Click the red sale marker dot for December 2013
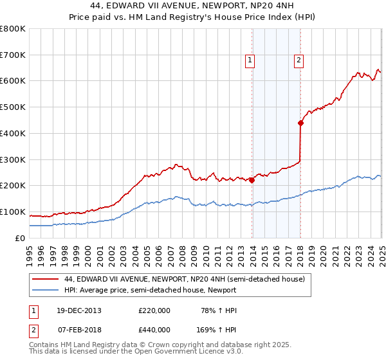(252, 181)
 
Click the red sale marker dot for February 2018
(300, 123)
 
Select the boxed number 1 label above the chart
(250, 61)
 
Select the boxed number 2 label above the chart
(299, 61)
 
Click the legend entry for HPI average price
(151, 290)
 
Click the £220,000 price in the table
(154, 310)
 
